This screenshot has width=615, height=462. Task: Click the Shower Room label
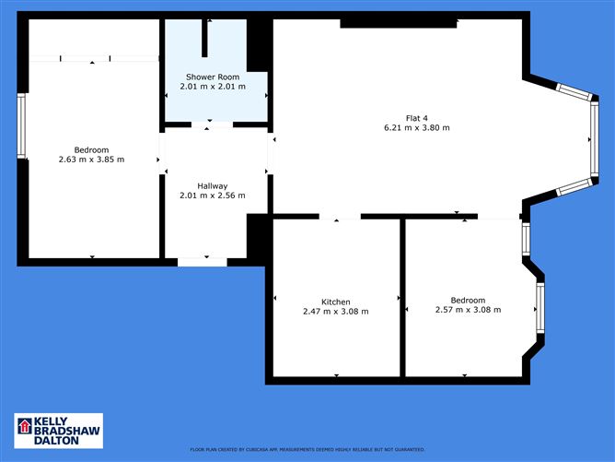[213, 77]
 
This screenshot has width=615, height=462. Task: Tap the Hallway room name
[212, 185]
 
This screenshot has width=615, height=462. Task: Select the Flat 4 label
[416, 117]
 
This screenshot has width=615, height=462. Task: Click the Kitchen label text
[335, 302]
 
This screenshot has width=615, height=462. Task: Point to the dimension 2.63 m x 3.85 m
[91, 160]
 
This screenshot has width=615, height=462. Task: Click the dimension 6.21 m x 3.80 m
[416, 127]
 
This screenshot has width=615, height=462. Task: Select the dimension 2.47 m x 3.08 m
[335, 312]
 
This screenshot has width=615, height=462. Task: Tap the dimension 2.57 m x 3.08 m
[468, 310]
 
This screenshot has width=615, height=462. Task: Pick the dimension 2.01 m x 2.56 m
[212, 195]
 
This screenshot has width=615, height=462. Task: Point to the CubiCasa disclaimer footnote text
[308, 449]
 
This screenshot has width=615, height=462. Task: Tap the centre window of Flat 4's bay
[590, 139]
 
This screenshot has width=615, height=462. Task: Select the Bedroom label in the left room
[91, 149]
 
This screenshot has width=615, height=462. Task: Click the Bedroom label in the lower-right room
[468, 300]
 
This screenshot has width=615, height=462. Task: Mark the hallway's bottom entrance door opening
[202, 262]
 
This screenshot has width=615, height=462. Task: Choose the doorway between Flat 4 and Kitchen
[340, 218]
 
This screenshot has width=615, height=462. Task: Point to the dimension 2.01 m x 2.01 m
[213, 87]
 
